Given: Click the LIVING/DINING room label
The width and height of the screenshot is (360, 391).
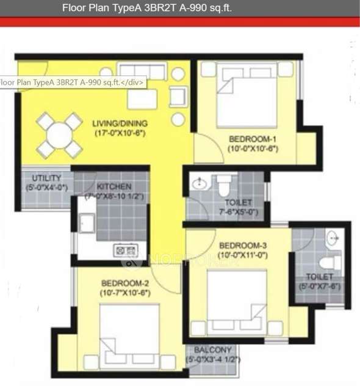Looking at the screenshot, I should tap(120, 123).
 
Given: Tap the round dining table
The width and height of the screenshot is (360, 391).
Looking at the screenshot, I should tap(59, 135).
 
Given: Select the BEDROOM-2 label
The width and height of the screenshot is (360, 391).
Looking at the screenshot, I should tap(126, 283).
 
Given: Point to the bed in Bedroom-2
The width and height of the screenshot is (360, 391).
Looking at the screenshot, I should tap(128, 336).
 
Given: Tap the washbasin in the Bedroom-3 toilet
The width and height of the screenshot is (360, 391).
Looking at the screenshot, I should tap(331, 239).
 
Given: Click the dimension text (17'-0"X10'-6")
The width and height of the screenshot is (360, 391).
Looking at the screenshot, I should tap(120, 133).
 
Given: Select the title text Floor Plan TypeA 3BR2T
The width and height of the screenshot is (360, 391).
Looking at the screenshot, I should tap(146, 9).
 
